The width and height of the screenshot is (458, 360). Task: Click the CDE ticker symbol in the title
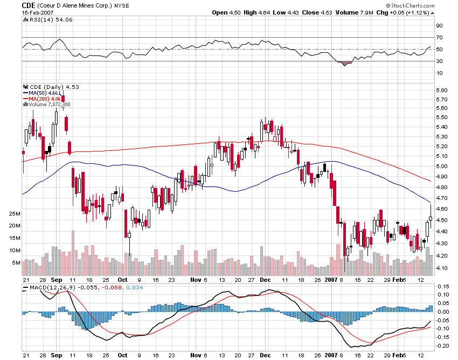29,5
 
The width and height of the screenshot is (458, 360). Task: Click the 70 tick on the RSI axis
439,37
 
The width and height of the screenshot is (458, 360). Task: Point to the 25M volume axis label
15,214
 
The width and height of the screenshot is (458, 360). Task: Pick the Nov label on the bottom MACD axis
195,356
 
